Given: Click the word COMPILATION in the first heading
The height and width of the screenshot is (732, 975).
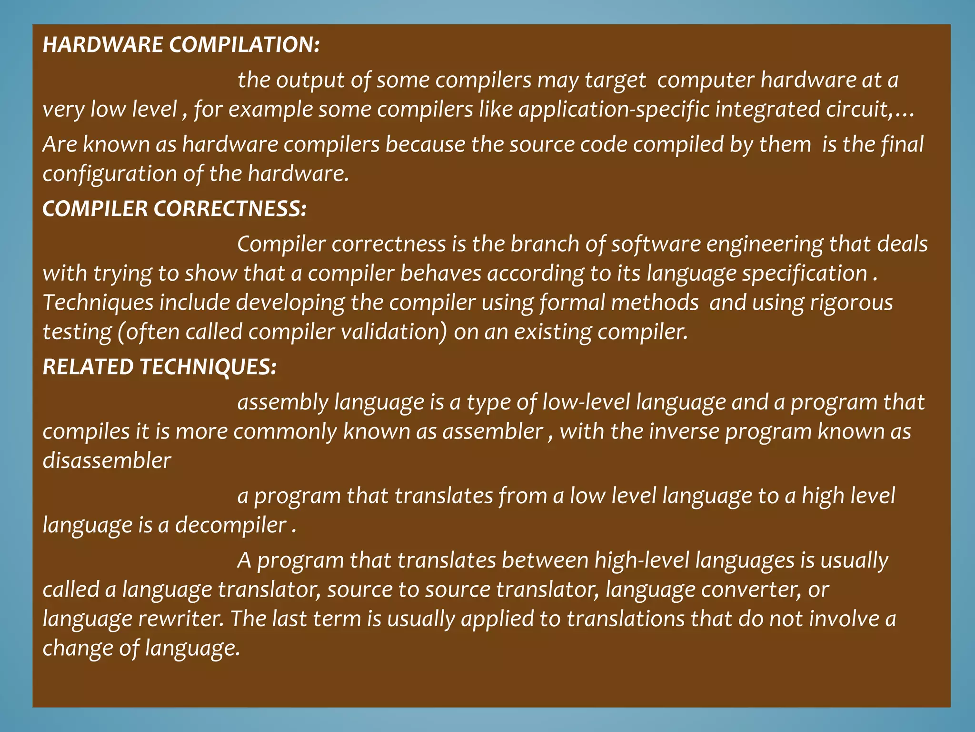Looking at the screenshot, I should coord(244,45).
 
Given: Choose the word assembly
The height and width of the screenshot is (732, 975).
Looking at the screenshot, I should coord(283,402).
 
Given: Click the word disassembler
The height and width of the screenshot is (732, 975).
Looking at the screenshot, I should coord(107,461).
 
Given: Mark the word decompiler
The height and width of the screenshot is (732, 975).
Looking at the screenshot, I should coord(231,525).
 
